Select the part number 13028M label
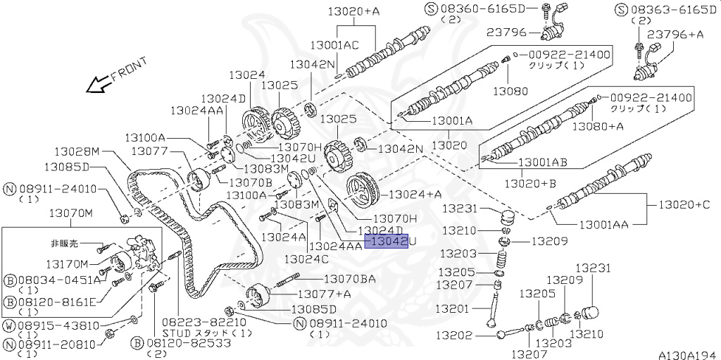coord(77,151)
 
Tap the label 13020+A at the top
coord(353,11)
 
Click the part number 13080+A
coord(597,127)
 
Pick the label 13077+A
coord(325,294)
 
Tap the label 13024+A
coord(415,194)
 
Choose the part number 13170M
coord(68,264)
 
